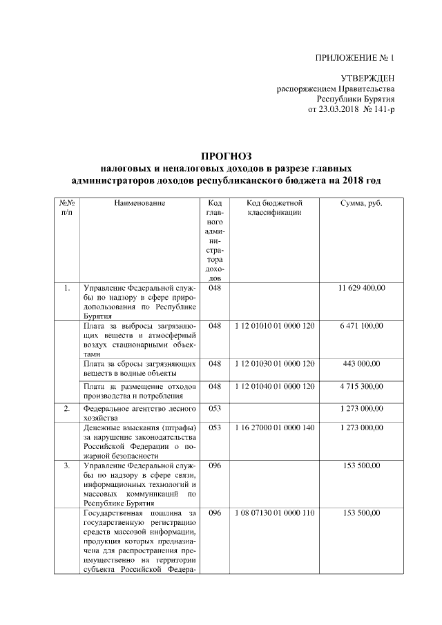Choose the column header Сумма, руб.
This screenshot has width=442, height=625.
[361, 204]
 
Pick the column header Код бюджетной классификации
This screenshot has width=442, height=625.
[274, 209]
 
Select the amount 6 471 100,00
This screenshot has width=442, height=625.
[361, 325]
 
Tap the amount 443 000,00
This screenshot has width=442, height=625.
[361, 363]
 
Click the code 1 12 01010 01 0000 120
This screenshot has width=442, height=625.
[274, 325]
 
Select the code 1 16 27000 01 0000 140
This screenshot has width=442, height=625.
[274, 427]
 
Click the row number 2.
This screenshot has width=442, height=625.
[66, 409]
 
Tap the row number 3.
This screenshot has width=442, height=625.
[66, 466]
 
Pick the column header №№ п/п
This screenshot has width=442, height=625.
[66, 209]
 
